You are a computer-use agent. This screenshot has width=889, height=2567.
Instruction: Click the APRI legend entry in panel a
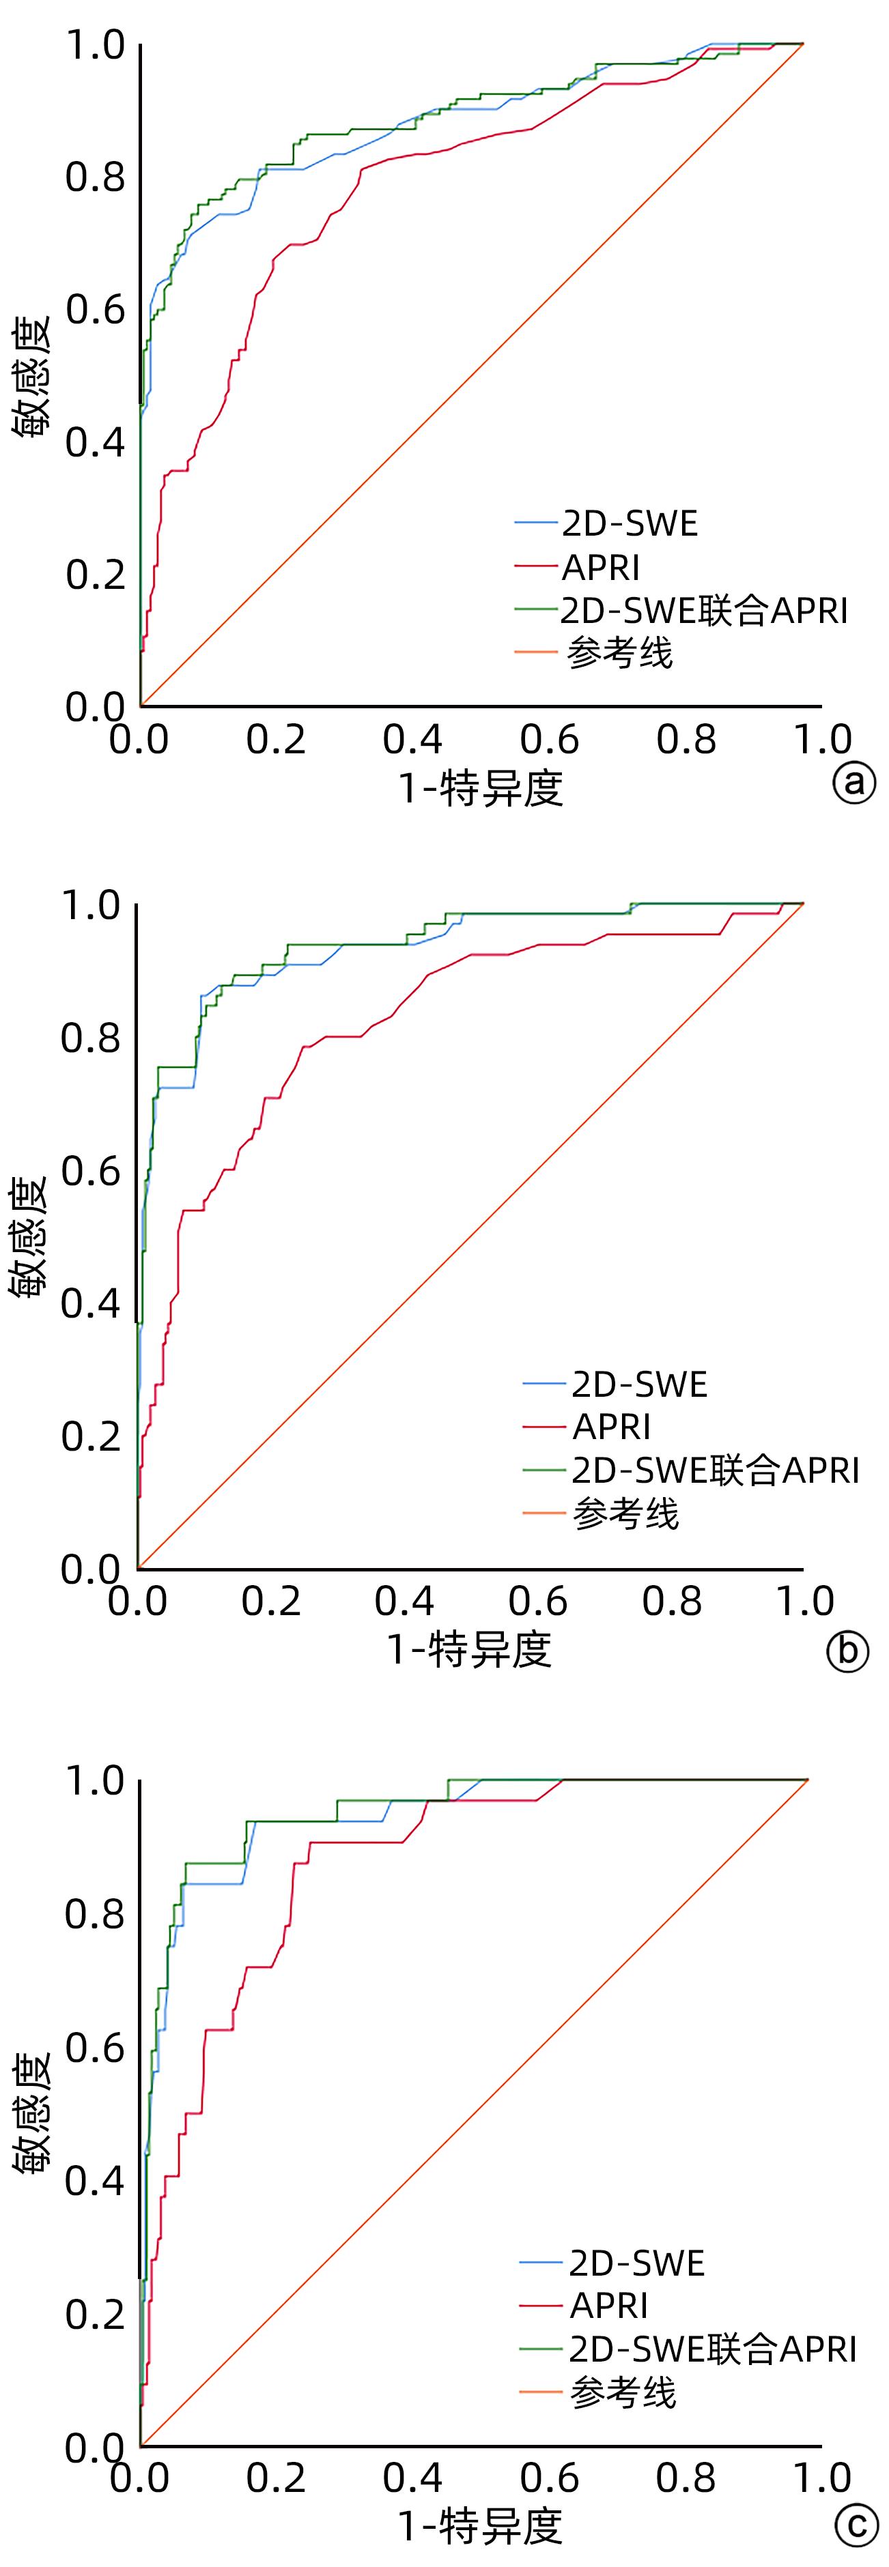point(601,567)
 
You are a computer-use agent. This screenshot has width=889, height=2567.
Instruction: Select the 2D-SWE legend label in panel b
point(639,1384)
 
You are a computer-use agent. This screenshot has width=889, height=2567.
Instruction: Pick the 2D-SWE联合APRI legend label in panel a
point(704,610)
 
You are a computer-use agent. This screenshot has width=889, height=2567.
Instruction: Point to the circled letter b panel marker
point(848,1650)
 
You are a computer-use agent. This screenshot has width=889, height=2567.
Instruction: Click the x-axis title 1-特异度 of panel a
point(481,788)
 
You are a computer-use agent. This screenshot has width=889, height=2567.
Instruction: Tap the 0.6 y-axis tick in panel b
point(91,1170)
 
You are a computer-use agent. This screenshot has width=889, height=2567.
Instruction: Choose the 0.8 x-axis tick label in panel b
point(672,1600)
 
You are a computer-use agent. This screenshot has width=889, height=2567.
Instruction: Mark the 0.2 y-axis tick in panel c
point(95,2314)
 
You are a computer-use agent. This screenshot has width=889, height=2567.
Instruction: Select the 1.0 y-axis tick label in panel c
point(95,1782)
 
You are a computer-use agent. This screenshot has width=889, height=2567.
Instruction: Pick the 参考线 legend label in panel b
point(626,1513)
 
